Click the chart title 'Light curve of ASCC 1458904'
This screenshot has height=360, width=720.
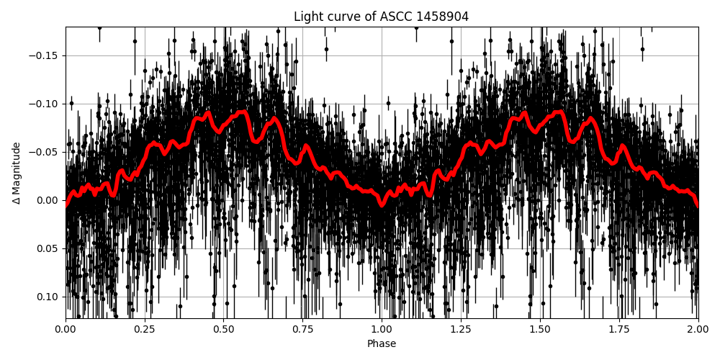pyautogui.click(x=381, y=17)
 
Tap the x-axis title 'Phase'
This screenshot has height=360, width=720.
pyautogui.click(x=382, y=344)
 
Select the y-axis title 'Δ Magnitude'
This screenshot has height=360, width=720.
pyautogui.click(x=17, y=173)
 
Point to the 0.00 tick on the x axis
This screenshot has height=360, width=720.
pyautogui.click(x=66, y=330)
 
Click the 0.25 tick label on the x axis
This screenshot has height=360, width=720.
pyautogui.click(x=145, y=330)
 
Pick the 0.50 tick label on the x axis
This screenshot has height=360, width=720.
pyautogui.click(x=224, y=330)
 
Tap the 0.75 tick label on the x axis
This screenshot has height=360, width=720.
pyautogui.click(x=302, y=330)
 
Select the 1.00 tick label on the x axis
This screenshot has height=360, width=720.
pyautogui.click(x=382, y=330)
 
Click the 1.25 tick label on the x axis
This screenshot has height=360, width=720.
pyautogui.click(x=461, y=330)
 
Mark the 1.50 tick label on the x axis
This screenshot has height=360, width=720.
pyautogui.click(x=540, y=330)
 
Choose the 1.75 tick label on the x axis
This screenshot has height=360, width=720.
pyautogui.click(x=619, y=330)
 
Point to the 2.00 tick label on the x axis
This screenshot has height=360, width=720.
pyautogui.click(x=698, y=330)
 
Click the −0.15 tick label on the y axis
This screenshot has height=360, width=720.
pyautogui.click(x=44, y=55)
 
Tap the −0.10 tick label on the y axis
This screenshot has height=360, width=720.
pyautogui.click(x=44, y=104)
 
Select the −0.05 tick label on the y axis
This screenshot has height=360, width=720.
pyautogui.click(x=44, y=152)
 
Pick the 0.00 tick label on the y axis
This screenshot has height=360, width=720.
pyautogui.click(x=48, y=200)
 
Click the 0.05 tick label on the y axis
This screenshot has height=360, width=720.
pyautogui.click(x=48, y=248)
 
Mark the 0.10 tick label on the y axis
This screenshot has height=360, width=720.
pyautogui.click(x=48, y=297)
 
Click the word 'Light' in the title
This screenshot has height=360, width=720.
pyautogui.click(x=307, y=17)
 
